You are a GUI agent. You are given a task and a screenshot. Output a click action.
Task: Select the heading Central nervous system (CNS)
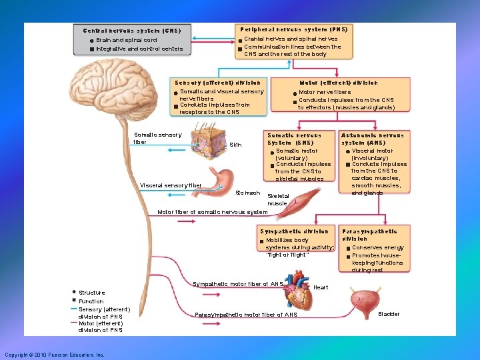coord(131,31)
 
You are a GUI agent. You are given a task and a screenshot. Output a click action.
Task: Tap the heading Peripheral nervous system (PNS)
coord(293,29)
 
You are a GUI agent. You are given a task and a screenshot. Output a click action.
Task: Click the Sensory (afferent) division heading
coord(217,83)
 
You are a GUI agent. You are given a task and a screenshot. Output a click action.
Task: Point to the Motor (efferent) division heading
coord(339,83)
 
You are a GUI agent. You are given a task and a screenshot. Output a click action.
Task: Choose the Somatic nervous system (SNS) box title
coord(294,139)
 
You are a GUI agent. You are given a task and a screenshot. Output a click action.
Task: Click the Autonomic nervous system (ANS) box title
coord(372,139)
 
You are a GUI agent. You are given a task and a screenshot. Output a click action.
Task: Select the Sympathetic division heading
coord(294,231)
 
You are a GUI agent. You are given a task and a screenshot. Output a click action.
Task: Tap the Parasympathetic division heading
coord(369,235)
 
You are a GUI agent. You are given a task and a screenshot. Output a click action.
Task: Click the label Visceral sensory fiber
coord(171,185)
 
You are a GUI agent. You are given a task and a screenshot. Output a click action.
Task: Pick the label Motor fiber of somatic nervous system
coord(212,213)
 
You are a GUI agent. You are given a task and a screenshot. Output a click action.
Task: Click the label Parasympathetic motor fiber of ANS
coord(246,315)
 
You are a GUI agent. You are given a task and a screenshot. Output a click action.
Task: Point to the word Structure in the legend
coord(91,293)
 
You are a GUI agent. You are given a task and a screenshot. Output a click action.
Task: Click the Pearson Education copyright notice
coord(54,355)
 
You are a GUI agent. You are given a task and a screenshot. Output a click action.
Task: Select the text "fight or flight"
coord(287,255)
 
